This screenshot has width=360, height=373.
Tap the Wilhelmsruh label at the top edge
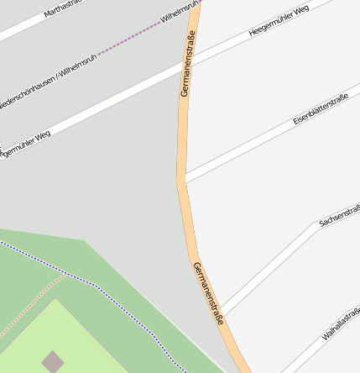pyautogui.click(x=180, y=11)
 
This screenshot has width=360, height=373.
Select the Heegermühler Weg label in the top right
pyautogui.click(x=279, y=20)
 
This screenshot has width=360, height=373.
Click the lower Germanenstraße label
pyautogui.click(x=209, y=293)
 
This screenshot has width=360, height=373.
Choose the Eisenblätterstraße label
pyautogui.click(x=321, y=111)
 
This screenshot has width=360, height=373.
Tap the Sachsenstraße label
pyautogui.click(x=339, y=215)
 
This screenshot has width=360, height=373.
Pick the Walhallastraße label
pyautogui.click(x=341, y=323)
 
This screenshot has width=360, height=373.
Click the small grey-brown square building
pyautogui.click(x=53, y=361)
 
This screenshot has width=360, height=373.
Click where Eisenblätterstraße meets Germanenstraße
pyautogui.click(x=185, y=180)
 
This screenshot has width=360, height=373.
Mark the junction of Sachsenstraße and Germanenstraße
pyautogui.click(x=219, y=313)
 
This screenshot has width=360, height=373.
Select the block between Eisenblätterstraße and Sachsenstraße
pyautogui.click(x=269, y=202)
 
